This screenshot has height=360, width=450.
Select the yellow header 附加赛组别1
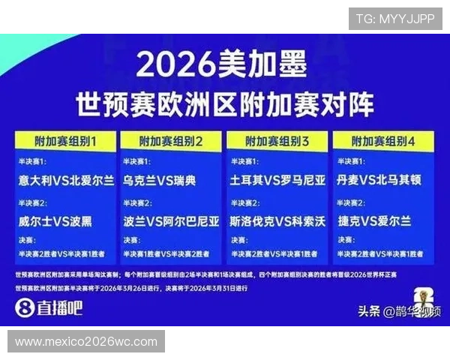(x=65, y=140)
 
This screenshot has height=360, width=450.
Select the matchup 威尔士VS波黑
(x=56, y=221)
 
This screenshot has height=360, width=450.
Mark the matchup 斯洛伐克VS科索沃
(x=277, y=221)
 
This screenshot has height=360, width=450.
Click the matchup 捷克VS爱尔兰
(x=374, y=221)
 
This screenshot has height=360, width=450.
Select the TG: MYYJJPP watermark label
(x=395, y=19)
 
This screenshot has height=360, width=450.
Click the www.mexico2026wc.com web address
(x=86, y=342)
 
